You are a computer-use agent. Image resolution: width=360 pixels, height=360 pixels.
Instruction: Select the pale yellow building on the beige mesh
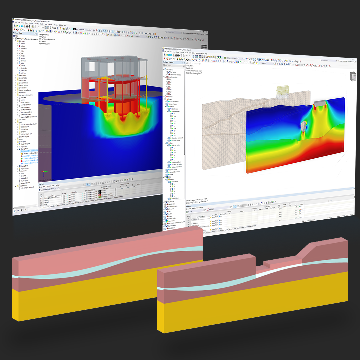click(286, 91)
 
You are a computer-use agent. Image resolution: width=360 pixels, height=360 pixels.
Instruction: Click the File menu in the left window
click(16, 22)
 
